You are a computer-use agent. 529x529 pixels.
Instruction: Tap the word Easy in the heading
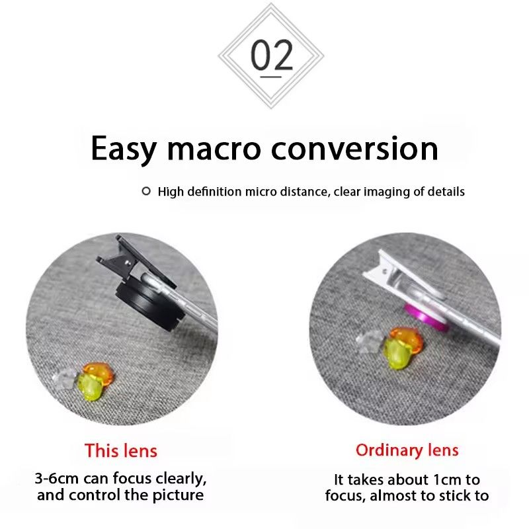(x=124, y=148)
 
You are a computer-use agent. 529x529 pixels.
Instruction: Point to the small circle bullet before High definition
(x=146, y=192)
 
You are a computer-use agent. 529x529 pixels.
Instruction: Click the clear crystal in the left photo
(x=65, y=378)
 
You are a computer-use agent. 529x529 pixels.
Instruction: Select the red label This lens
(x=121, y=451)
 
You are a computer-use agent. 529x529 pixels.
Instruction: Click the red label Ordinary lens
(x=407, y=450)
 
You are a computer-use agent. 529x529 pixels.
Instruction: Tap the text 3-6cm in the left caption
(x=58, y=478)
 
